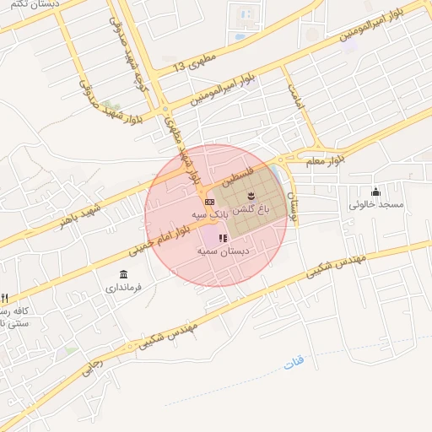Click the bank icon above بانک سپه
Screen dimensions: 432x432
[209, 202]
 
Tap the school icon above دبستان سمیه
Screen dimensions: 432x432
[222, 239]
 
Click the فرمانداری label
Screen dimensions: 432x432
[124, 288]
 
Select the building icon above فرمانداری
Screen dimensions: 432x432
[124, 275]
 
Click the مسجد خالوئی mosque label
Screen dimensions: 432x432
[377, 204]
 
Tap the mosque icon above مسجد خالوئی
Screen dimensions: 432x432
[376, 192]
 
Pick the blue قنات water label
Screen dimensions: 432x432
[294, 361]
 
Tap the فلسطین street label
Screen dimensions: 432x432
[237, 175]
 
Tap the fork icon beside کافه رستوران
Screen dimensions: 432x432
[4, 299]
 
